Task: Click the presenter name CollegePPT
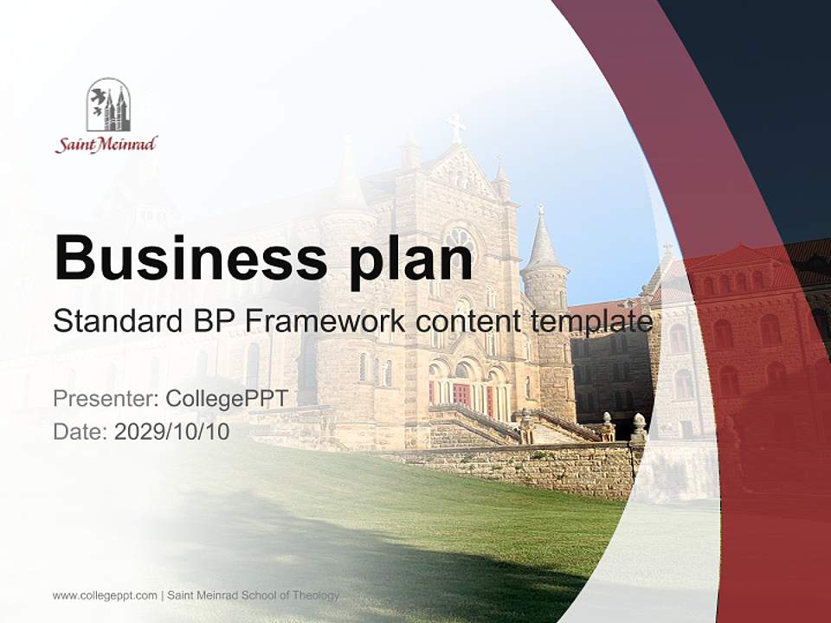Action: [226, 399]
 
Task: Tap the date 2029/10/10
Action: [171, 431]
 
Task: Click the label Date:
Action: [81, 431]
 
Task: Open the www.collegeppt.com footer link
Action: [105, 595]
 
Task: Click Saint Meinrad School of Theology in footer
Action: [253, 595]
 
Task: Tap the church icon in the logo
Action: [108, 105]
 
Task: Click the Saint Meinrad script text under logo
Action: [106, 145]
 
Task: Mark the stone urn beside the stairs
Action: [639, 427]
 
